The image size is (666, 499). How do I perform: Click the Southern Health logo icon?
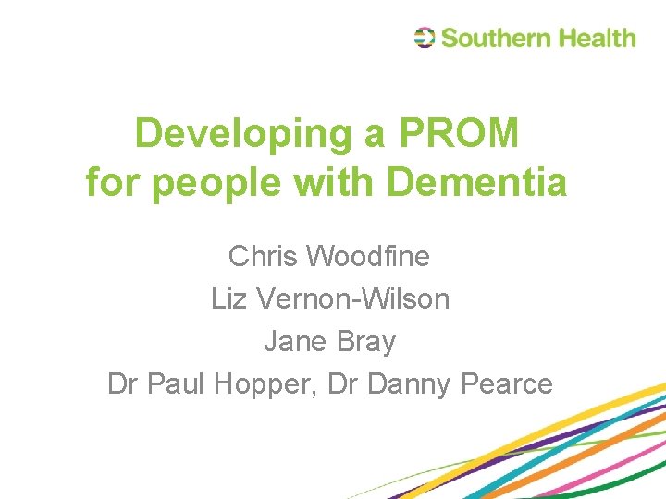coord(425,38)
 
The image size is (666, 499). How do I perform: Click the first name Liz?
coord(228,298)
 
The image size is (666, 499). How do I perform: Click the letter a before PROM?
coord(375,135)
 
